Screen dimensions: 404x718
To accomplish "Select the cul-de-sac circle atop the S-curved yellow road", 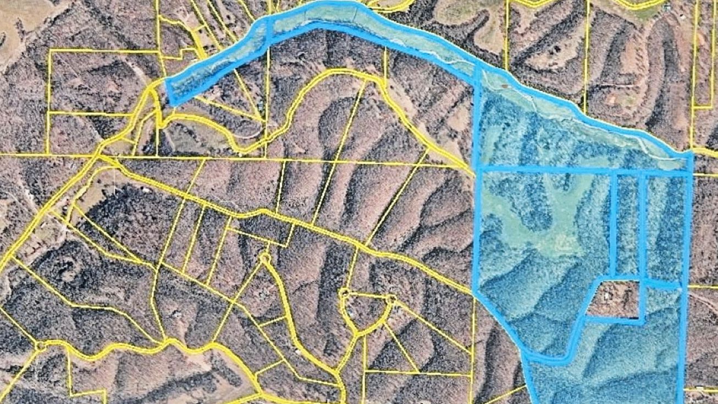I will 266,257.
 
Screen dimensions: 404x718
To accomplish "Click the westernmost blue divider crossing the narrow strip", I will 269,33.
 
